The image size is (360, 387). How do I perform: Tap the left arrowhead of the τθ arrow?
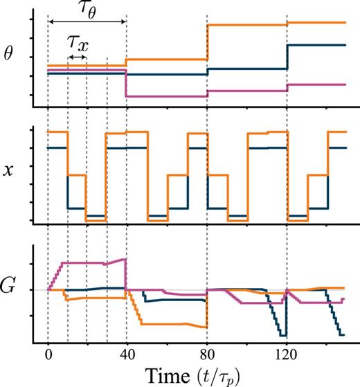tap(50, 23)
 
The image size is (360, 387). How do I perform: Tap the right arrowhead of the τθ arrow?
tap(123, 23)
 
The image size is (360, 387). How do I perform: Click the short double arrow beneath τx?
tap(77, 57)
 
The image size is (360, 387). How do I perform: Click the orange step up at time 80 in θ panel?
tap(208, 43)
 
